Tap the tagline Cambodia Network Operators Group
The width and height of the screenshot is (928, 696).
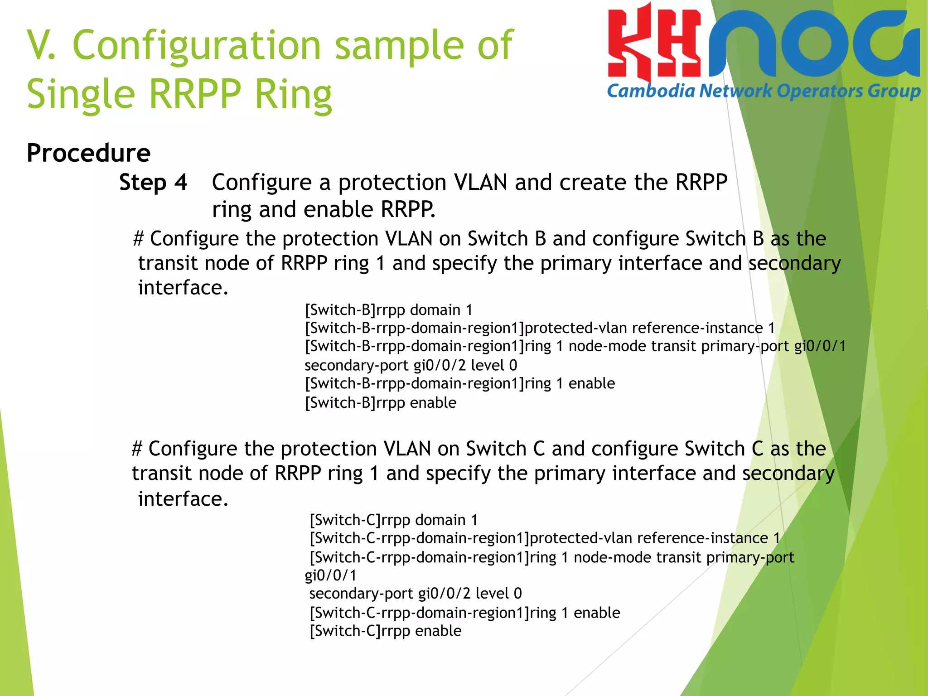[x=764, y=91]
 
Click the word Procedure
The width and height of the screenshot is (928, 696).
[x=88, y=153]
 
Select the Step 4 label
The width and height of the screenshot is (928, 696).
[x=153, y=183]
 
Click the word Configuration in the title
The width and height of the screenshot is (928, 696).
[x=197, y=45]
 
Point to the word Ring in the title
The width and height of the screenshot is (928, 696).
[x=293, y=94]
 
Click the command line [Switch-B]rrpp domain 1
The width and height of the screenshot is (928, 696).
[x=389, y=310]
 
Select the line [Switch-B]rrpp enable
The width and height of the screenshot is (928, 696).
[x=381, y=403]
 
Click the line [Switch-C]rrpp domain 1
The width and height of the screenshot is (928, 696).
[x=393, y=520]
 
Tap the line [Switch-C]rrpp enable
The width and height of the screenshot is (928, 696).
[x=385, y=631]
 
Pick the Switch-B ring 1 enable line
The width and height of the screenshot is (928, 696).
[x=460, y=384]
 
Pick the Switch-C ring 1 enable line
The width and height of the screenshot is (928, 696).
[x=464, y=613]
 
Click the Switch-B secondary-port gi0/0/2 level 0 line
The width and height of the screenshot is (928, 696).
[x=411, y=365]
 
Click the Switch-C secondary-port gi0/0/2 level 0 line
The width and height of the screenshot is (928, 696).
[x=415, y=594]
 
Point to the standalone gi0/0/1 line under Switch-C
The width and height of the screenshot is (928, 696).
[x=330, y=575]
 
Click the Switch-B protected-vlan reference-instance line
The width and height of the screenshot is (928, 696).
[x=540, y=328]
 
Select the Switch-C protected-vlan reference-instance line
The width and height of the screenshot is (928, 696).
[x=544, y=538]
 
